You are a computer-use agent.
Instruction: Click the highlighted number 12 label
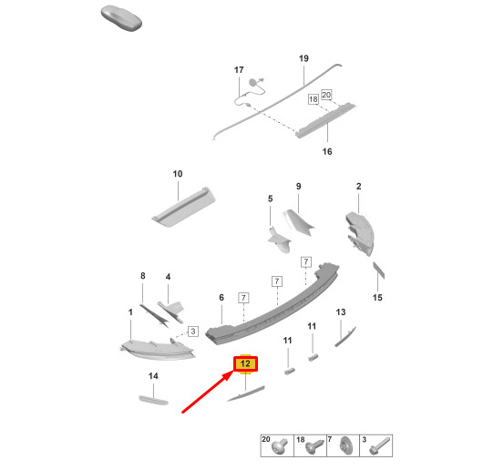(x=245, y=363)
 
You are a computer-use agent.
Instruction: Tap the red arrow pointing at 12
(x=208, y=391)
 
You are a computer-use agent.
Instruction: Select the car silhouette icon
(x=121, y=19)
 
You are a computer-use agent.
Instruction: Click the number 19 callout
(x=303, y=58)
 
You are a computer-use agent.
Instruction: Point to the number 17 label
(x=239, y=70)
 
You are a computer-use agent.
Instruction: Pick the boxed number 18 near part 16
(x=314, y=99)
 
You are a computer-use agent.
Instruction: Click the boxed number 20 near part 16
(x=326, y=95)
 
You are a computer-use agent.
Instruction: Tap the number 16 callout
(x=327, y=151)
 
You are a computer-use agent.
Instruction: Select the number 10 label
(x=178, y=174)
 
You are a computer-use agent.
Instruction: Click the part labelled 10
(x=184, y=208)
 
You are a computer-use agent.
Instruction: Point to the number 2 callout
(x=359, y=187)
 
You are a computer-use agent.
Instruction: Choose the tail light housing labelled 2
(x=360, y=233)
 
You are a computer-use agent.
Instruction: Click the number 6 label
(x=221, y=298)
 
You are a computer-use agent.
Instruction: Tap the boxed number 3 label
(x=193, y=332)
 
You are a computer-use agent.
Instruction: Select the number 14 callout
(x=153, y=376)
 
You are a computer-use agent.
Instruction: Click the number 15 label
(x=377, y=298)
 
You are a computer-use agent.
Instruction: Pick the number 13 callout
(x=341, y=312)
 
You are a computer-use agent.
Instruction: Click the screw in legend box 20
(x=280, y=447)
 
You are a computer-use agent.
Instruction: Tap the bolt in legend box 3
(x=380, y=445)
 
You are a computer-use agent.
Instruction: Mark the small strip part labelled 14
(x=153, y=400)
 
